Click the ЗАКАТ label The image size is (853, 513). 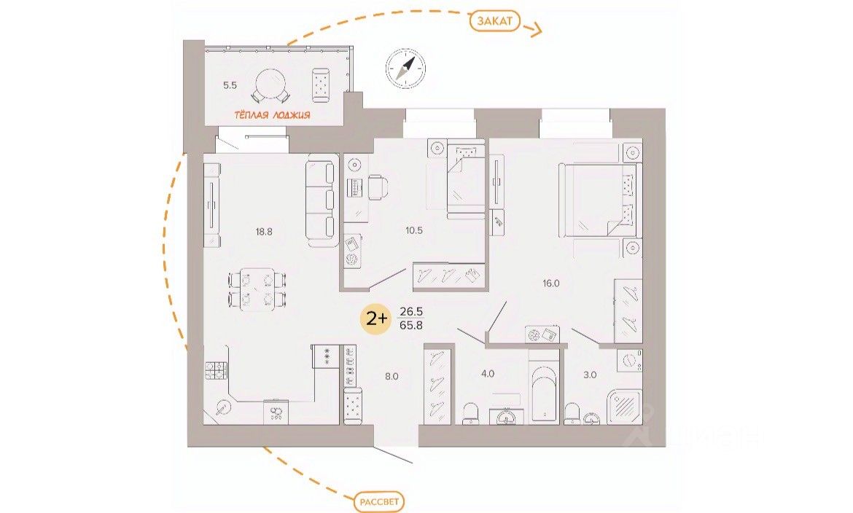pyautogui.click(x=495, y=22)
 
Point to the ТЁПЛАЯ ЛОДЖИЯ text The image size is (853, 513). pyautogui.click(x=273, y=115)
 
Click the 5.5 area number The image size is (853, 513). pyautogui.click(x=230, y=85)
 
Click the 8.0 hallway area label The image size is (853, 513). pyautogui.click(x=392, y=377)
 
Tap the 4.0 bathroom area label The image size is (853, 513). pyautogui.click(x=487, y=374)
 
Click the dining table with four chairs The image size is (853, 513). pyautogui.click(x=257, y=288)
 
